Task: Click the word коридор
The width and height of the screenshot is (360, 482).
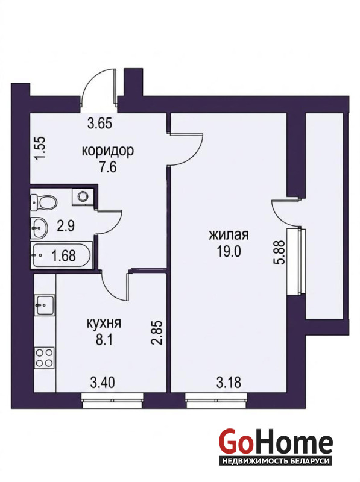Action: tap(108, 151)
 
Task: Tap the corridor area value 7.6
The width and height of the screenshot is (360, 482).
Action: tap(107, 167)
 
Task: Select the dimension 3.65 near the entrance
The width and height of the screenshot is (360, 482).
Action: tap(99, 124)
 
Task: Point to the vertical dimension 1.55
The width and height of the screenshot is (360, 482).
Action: tap(40, 148)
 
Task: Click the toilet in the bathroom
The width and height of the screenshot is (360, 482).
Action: tap(43, 202)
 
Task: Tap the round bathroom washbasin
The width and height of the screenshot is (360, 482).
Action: tap(39, 228)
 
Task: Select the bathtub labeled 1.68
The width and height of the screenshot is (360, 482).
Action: tap(61, 255)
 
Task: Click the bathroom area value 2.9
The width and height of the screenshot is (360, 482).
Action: tap(66, 227)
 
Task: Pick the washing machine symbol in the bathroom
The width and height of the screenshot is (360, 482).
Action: tap(82, 196)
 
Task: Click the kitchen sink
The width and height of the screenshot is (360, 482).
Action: tap(45, 304)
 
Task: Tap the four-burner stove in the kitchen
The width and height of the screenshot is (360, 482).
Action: tap(45, 358)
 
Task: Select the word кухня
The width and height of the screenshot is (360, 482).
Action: tap(104, 324)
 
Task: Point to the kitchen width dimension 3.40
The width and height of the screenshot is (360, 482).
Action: tap(103, 383)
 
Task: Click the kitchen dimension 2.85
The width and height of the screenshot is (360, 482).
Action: tap(157, 333)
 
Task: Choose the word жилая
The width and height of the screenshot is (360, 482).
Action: tap(229, 235)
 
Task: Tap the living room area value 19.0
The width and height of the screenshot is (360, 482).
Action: tap(229, 252)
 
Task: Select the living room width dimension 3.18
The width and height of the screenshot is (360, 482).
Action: tap(229, 383)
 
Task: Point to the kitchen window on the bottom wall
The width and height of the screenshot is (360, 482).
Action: tap(113, 401)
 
